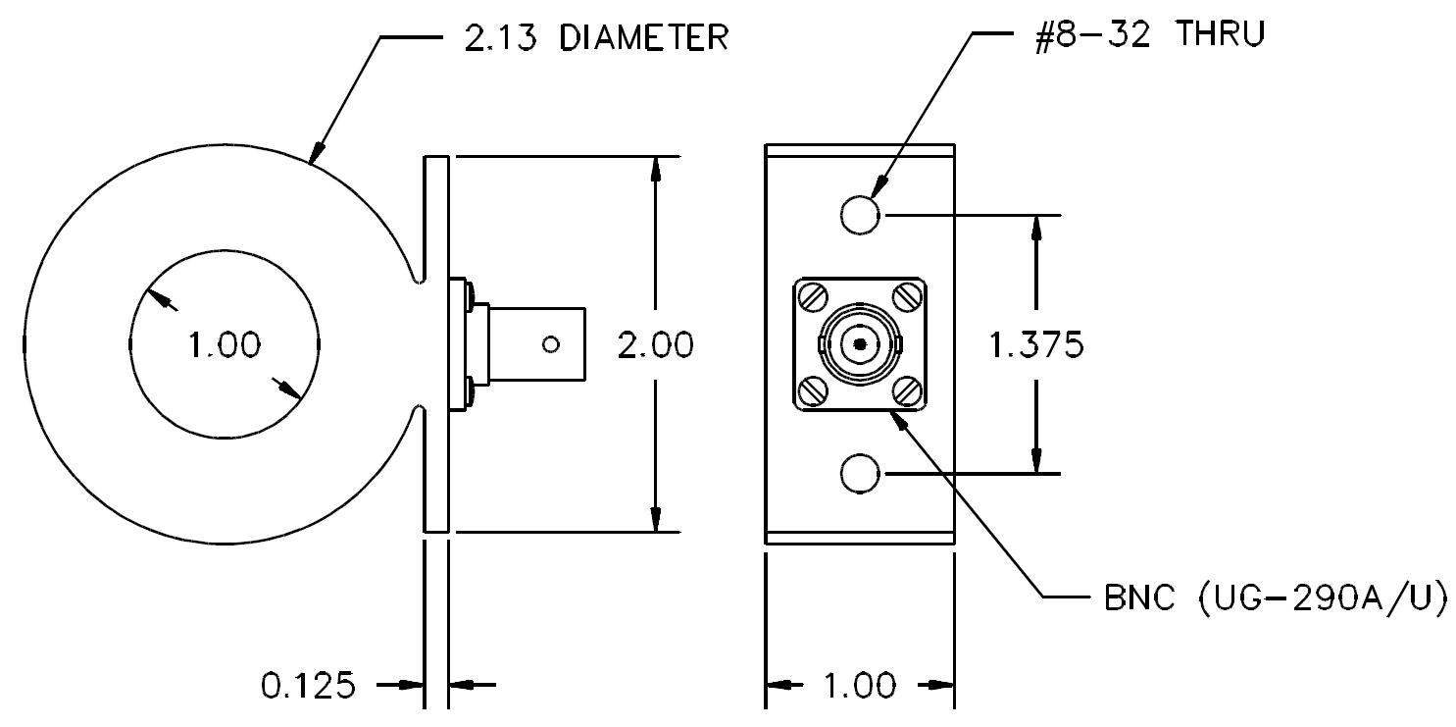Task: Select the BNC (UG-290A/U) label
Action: click(x=1271, y=597)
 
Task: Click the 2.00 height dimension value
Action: click(x=655, y=344)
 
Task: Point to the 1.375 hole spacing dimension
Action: click(x=1036, y=344)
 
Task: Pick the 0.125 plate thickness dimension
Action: click(x=308, y=685)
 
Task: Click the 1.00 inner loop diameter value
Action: click(x=225, y=344)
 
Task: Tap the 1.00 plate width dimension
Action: click(x=860, y=685)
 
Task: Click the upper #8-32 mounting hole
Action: click(x=860, y=215)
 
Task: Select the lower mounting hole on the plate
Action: click(x=860, y=474)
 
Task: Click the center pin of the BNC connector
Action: click(x=860, y=344)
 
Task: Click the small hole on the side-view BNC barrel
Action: click(x=550, y=343)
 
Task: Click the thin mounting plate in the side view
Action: click(x=436, y=343)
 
